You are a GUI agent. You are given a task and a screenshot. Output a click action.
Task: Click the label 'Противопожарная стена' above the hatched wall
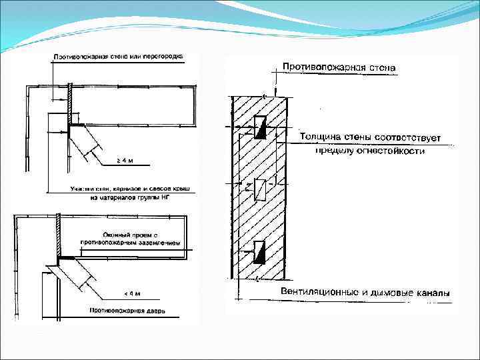pyautogui.click(x=338, y=67)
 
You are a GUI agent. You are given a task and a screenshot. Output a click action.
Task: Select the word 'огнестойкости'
pyautogui.click(x=395, y=151)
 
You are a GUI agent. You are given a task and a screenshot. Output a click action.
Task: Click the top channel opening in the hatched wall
pyautogui.click(x=261, y=127)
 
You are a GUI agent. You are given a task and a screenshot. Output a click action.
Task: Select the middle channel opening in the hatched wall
pyautogui.click(x=261, y=189)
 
